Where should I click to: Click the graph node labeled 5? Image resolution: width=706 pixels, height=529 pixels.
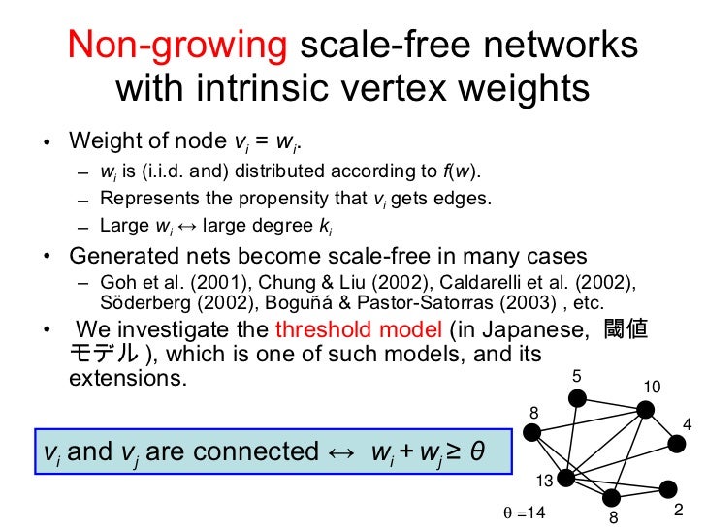click(576, 398)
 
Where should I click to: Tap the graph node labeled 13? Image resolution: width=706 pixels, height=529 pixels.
click(566, 478)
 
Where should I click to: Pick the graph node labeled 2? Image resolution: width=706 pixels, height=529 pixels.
click(667, 489)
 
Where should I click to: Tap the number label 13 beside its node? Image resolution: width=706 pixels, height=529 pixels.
click(546, 481)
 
